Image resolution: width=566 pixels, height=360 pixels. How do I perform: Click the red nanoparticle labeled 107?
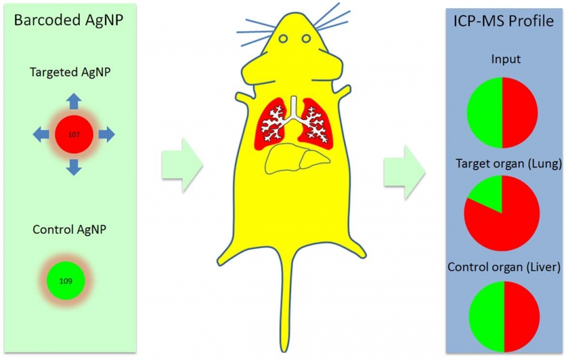click(x=74, y=133)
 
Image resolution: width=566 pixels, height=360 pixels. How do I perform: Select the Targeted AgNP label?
click(x=70, y=72)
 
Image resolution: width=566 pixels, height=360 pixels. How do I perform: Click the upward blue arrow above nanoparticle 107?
click(x=74, y=101)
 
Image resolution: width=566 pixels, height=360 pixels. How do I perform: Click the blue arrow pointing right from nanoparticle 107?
click(x=106, y=133)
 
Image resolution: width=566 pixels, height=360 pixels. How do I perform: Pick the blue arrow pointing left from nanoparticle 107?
click(x=41, y=133)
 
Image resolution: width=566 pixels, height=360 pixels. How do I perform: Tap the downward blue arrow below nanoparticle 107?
click(x=74, y=166)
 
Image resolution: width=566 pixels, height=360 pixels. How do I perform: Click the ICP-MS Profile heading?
click(x=504, y=21)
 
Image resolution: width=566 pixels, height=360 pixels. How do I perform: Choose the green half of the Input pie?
click(x=485, y=112)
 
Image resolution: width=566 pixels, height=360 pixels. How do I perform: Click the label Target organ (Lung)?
click(x=503, y=164)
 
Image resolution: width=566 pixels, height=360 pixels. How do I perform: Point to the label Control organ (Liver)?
click(x=504, y=267)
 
